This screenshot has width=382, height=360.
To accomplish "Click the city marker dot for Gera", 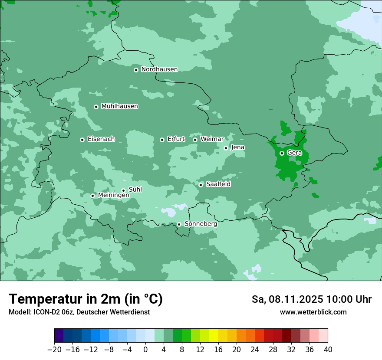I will coord(282,153).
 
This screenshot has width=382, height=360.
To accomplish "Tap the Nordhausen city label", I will coord(159,69).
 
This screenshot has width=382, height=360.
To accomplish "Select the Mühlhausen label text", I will coord(119,106).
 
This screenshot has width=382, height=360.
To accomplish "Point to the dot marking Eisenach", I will coord(82,140).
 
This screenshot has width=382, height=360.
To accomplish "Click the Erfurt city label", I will coord(176,139).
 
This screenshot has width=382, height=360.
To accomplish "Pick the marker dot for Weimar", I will coord(195,140).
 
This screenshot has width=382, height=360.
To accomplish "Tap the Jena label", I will coord(237,147).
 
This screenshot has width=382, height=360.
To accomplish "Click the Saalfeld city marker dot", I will coord(201,185).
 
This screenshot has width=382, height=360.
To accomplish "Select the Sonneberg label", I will coord(201,224).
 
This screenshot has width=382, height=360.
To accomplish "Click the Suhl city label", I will coord(135,190).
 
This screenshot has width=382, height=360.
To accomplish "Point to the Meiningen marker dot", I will coord(92,196).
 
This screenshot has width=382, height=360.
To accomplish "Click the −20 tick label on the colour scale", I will coord(54,350).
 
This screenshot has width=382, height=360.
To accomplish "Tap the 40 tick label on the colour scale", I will coord(328,350).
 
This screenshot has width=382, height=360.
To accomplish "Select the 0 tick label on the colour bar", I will coord(145,350).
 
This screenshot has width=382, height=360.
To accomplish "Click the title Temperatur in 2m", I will coord(65,299).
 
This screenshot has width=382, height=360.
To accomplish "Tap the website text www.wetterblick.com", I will coord(313,312).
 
